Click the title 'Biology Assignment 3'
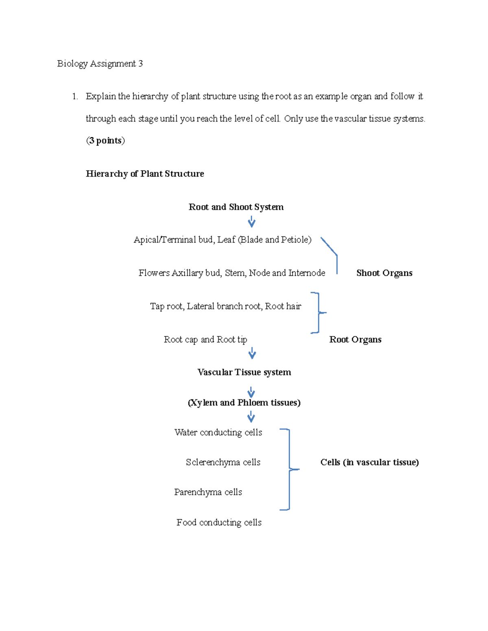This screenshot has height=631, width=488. [x=100, y=64]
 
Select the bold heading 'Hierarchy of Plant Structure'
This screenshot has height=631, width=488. [x=145, y=173]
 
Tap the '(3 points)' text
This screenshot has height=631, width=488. [x=105, y=141]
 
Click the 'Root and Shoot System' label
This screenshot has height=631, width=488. [x=236, y=207]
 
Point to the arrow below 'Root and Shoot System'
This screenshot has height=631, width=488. [x=251, y=221]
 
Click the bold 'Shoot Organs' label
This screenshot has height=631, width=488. [x=384, y=273]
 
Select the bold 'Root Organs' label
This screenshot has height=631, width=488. [x=355, y=339]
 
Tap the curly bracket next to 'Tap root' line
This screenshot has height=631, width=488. [x=319, y=313]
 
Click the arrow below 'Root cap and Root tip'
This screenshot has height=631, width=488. [x=252, y=353]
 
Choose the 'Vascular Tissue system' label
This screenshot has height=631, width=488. [x=244, y=372]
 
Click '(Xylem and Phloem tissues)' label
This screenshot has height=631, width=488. [x=244, y=403]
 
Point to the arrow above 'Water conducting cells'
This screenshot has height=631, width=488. [x=251, y=417]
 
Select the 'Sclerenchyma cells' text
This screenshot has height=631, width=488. [x=223, y=462]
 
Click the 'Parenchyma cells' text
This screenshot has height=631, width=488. [x=208, y=492]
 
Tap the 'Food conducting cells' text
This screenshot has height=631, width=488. [x=219, y=523]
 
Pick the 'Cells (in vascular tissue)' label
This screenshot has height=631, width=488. [x=369, y=462]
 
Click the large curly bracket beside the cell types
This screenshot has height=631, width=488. [x=290, y=469]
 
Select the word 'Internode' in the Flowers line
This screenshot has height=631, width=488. [x=307, y=273]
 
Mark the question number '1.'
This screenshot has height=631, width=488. [x=75, y=96]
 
